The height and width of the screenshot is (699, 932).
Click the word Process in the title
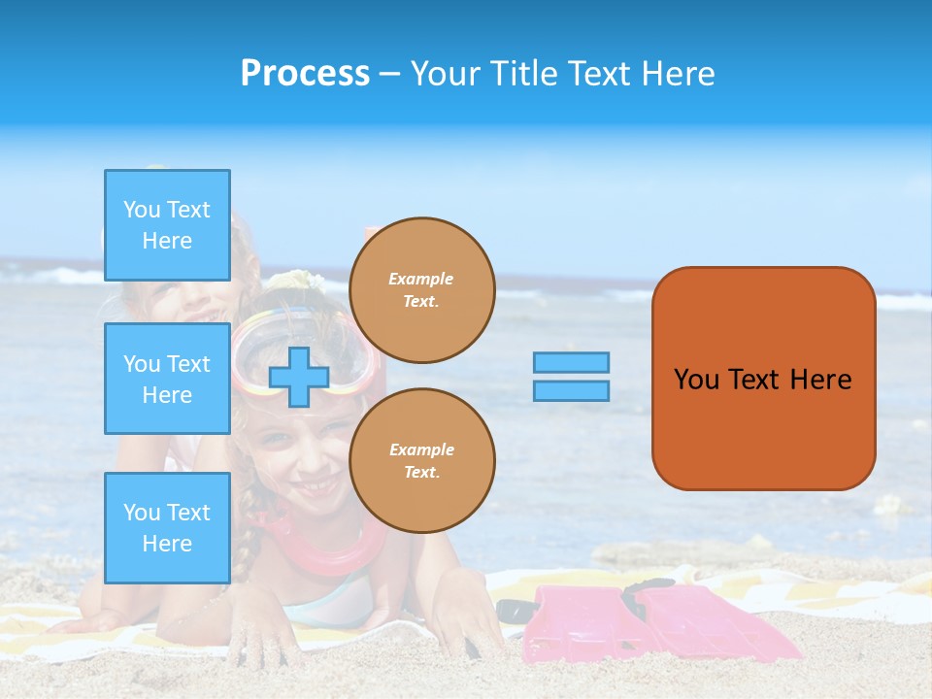(x=305, y=74)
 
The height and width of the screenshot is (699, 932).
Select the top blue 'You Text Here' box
(x=167, y=225)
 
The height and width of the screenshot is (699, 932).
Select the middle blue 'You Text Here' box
(x=167, y=379)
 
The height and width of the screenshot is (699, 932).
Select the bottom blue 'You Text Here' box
(x=167, y=527)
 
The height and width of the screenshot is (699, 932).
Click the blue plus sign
(x=299, y=377)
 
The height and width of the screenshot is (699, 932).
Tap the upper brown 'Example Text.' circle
(x=422, y=290)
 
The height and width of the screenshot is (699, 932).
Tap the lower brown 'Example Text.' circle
(x=422, y=461)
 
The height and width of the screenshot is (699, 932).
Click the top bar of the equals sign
(x=571, y=363)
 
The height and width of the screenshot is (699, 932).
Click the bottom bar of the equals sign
(x=571, y=390)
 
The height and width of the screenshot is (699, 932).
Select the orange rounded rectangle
(x=763, y=379)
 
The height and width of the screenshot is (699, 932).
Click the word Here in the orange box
(x=820, y=380)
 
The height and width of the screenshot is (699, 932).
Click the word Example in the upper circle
(x=420, y=279)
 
